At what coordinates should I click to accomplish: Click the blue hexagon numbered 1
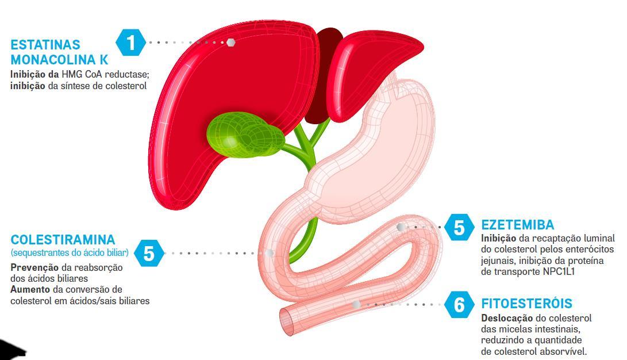tap(131, 43)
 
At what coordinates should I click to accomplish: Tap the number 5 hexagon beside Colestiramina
tap(149, 253)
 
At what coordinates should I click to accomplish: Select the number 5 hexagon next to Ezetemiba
tap(459, 228)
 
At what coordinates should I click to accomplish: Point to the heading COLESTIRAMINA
tap(63, 239)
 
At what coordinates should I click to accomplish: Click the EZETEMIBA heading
tap(517, 225)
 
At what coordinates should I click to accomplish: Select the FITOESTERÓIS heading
tap(526, 304)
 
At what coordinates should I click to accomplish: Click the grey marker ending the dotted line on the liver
tap(230, 43)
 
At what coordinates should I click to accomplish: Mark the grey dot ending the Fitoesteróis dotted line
tap(356, 304)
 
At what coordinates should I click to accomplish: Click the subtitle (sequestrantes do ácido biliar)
tap(70, 253)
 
